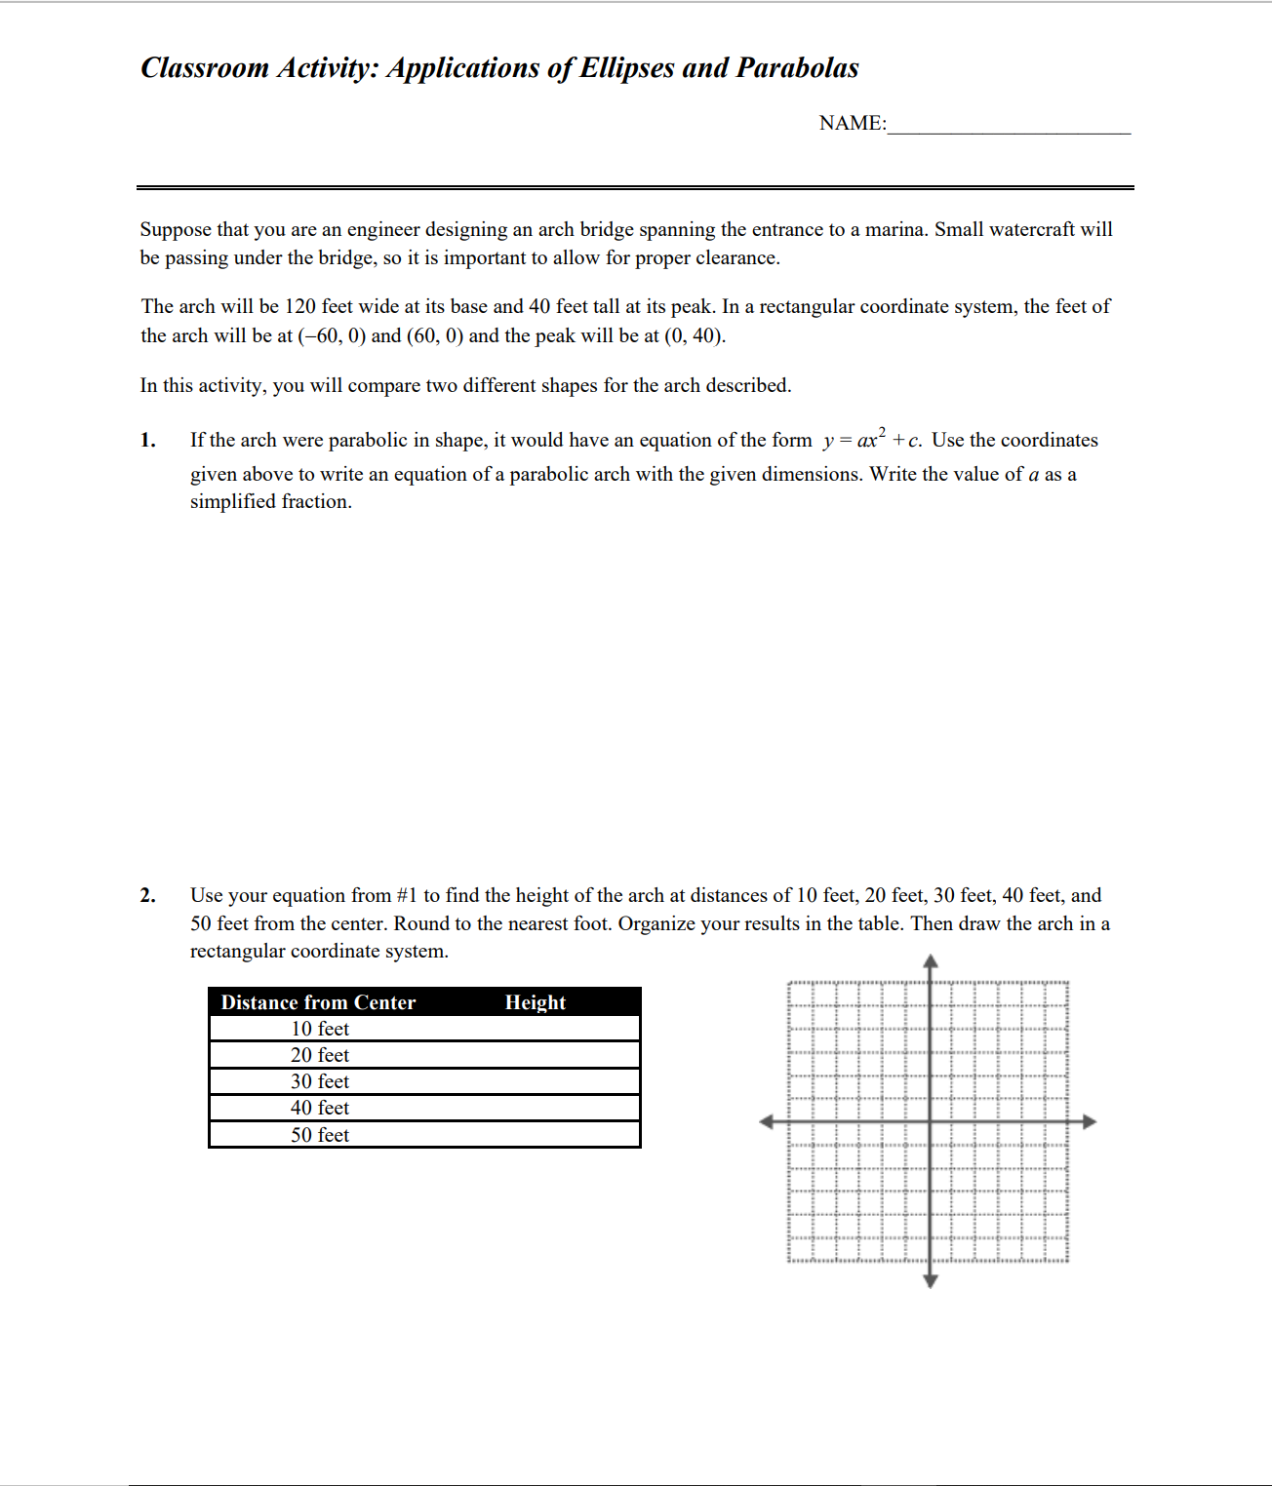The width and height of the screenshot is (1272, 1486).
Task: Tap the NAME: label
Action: pyautogui.click(x=852, y=124)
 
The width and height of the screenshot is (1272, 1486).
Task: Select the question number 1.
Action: pyautogui.click(x=147, y=441)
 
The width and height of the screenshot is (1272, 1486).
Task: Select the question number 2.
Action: pyautogui.click(x=147, y=896)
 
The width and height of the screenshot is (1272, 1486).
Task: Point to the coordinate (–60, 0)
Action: pyautogui.click(x=332, y=336)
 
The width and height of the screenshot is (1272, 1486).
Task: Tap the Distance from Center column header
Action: pyautogui.click(x=318, y=1002)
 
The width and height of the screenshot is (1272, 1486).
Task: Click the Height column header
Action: pyautogui.click(x=535, y=1002)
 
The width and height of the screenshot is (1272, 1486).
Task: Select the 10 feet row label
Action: pyautogui.click(x=319, y=1029)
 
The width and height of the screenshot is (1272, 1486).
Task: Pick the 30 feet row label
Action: pyautogui.click(x=319, y=1081)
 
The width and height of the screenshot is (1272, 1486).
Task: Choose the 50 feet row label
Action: pyautogui.click(x=319, y=1135)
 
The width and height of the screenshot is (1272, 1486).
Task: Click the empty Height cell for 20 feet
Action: pyautogui.click(x=535, y=1055)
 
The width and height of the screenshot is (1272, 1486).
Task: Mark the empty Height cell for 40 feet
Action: pyautogui.click(x=535, y=1108)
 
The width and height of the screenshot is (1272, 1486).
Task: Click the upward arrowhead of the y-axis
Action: pyautogui.click(x=931, y=961)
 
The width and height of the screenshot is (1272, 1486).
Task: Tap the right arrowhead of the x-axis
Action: pyautogui.click(x=1090, y=1121)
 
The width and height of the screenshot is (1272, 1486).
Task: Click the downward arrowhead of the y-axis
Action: pyautogui.click(x=931, y=1280)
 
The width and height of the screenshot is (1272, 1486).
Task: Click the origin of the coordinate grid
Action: pyautogui.click(x=931, y=1121)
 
